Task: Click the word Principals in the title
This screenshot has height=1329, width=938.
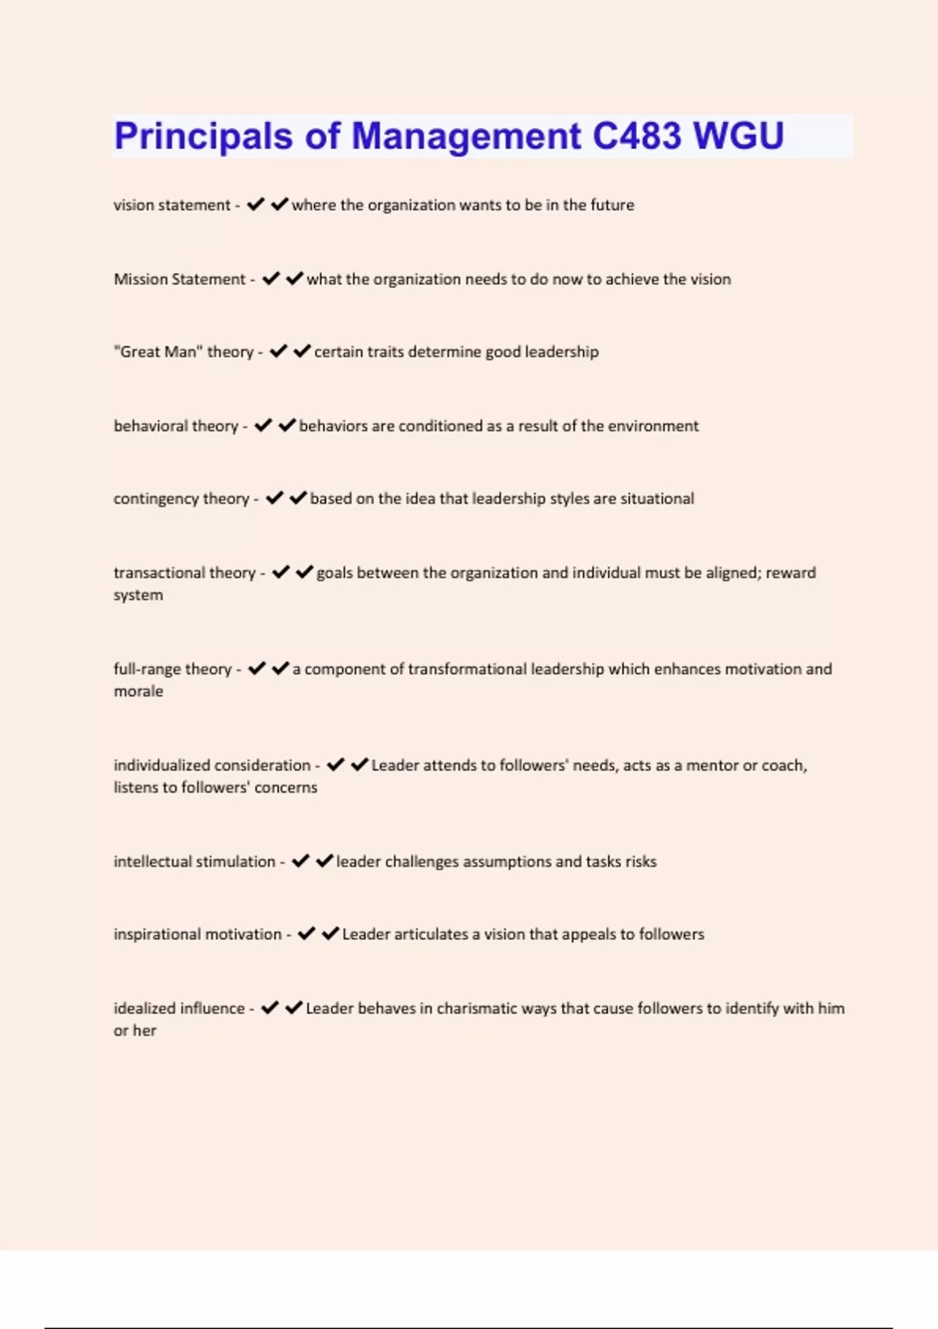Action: [x=203, y=137]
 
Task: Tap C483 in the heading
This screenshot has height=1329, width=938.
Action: [x=636, y=136]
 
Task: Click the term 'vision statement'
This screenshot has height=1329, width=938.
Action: [x=172, y=206]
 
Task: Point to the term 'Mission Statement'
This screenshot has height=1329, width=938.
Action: [x=180, y=279]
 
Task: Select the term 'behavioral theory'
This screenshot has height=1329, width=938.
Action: [x=176, y=426]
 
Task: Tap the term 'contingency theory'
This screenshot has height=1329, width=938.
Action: [x=181, y=499]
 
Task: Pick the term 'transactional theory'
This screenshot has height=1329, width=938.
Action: [x=184, y=573]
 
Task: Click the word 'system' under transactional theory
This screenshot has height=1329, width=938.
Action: [x=138, y=595]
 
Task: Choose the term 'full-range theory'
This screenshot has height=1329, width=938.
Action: [x=173, y=669]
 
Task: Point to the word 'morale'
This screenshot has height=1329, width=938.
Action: [x=138, y=691]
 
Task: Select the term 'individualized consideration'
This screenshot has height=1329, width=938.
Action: [x=212, y=765]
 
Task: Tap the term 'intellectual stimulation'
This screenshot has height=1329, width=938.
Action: [x=195, y=862]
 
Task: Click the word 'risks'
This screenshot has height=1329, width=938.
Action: [x=641, y=862]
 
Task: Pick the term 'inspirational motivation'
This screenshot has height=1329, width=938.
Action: [x=198, y=934]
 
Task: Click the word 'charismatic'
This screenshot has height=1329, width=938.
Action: [x=477, y=1008]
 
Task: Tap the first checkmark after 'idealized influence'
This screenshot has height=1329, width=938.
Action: [x=270, y=1008]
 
